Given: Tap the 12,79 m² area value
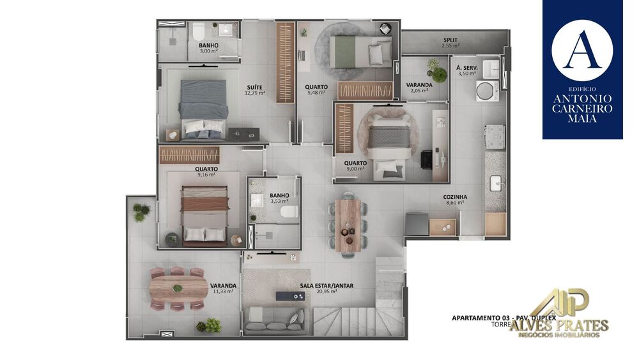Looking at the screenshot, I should pos(254,93).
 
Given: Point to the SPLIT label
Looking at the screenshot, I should pos(450,40).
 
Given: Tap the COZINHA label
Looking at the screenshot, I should pos(455,197).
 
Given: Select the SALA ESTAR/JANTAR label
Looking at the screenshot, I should pos(327,286).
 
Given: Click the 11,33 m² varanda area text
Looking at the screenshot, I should pos(223,292).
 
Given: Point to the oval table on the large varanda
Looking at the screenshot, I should pos(178,288).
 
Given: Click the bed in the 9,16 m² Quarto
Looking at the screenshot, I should pos(204,215).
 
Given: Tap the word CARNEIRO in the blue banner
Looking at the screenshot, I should pos(582,109).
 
